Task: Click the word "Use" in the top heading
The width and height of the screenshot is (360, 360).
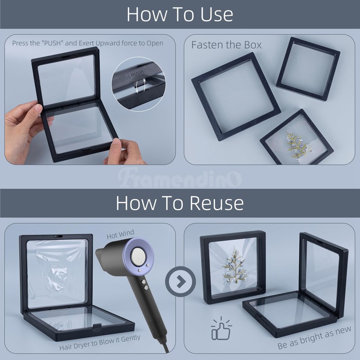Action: coord(217,14)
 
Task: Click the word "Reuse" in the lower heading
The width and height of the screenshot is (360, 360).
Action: coord(216,203)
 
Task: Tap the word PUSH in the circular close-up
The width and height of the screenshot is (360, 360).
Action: coord(137,74)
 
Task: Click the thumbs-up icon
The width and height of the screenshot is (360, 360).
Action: coord(221,328)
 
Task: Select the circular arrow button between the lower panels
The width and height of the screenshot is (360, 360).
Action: coord(180,281)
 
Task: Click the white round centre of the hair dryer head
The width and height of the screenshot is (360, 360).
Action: coord(137,256)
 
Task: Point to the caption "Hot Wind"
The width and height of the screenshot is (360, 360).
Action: coord(120,234)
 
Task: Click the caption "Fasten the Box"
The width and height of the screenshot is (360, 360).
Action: coord(226,45)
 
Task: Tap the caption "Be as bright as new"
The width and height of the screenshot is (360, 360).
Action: coord(314,337)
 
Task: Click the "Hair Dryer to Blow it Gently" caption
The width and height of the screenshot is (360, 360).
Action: coord(100,342)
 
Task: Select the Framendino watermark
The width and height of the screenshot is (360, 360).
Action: coord(180,178)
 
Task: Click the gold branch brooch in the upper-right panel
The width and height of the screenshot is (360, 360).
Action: coord(298,145)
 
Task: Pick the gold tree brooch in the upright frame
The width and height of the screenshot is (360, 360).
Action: coord(234,265)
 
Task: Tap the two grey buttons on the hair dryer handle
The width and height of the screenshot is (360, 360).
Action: coord(144,284)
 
